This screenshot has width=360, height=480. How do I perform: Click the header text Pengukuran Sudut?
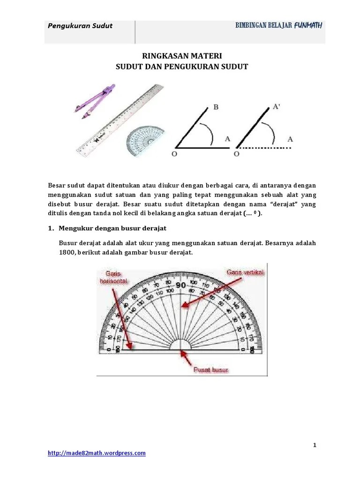click(x=80, y=26)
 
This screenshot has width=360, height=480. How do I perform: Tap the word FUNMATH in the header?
click(x=308, y=25)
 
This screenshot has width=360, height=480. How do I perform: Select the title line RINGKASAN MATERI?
click(x=181, y=56)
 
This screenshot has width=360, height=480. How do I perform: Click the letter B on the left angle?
click(x=216, y=107)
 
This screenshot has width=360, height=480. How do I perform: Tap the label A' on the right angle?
click(x=277, y=106)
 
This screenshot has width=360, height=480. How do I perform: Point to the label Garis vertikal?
click(x=246, y=272)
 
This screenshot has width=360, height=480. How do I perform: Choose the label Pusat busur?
click(x=211, y=370)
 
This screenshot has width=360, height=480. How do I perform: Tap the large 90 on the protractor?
click(x=180, y=285)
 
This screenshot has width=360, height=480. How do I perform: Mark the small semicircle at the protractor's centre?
click(x=180, y=345)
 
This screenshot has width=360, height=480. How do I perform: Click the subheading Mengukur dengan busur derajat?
click(x=112, y=228)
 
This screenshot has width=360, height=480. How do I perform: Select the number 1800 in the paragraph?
click(x=67, y=253)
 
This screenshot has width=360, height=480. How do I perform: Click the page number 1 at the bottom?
click(x=315, y=445)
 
